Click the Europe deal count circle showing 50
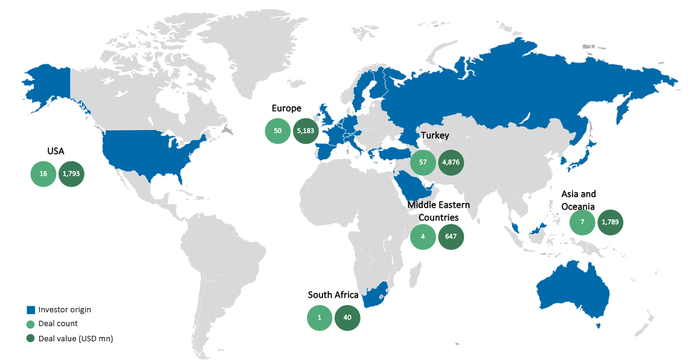point(277,132)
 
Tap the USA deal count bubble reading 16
point(43,174)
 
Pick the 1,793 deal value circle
point(71,174)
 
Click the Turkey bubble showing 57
point(423,162)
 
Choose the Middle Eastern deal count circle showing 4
point(423,237)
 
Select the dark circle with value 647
point(451,237)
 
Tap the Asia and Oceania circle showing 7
point(582,222)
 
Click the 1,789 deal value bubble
point(610,222)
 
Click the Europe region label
point(286,109)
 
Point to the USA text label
point(56,151)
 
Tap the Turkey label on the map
point(435,135)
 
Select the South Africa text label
point(333,295)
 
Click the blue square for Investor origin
point(30,310)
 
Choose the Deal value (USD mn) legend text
point(75,338)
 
